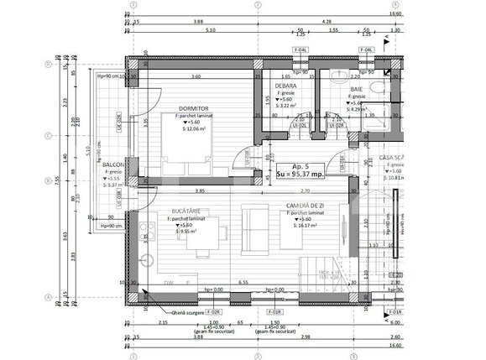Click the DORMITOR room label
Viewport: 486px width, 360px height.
(x=192, y=108)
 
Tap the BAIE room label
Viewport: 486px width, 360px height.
(x=357, y=88)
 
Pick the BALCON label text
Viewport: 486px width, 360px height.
(x=114, y=165)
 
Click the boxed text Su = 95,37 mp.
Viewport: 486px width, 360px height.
(x=302, y=176)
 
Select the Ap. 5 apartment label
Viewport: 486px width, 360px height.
(x=301, y=166)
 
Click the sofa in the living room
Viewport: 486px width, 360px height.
(x=253, y=228)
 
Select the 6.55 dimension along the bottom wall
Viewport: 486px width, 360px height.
(x=244, y=284)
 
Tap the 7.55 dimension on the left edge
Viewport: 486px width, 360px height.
(x=57, y=179)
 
